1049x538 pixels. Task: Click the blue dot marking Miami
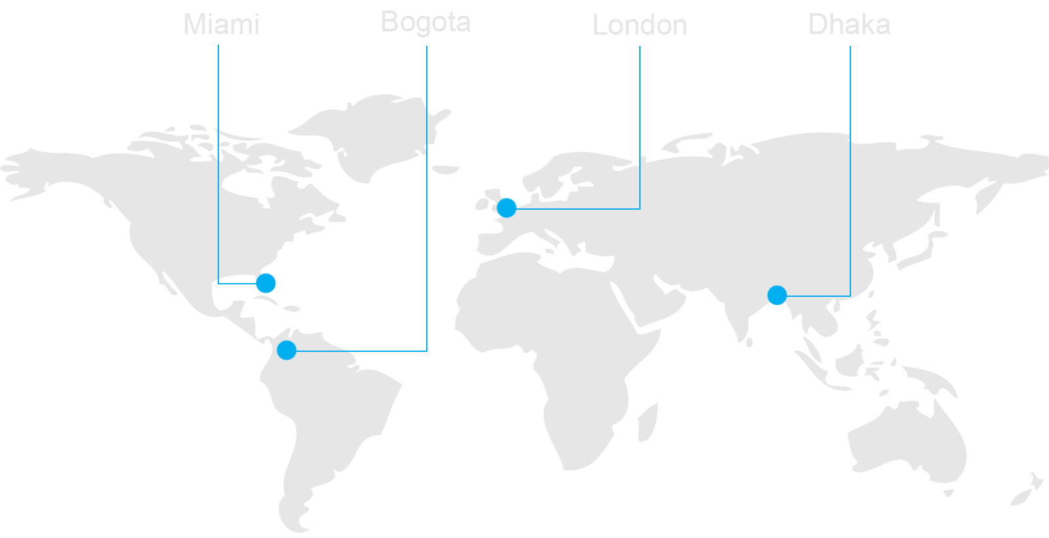266,283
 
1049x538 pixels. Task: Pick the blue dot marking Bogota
287,350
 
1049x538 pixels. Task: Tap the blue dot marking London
506,208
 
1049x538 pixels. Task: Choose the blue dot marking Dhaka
777,296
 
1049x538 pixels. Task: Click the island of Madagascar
646,423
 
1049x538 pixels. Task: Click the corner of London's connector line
640,209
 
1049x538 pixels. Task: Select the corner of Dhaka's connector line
850,296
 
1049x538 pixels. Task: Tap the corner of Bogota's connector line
427,351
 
